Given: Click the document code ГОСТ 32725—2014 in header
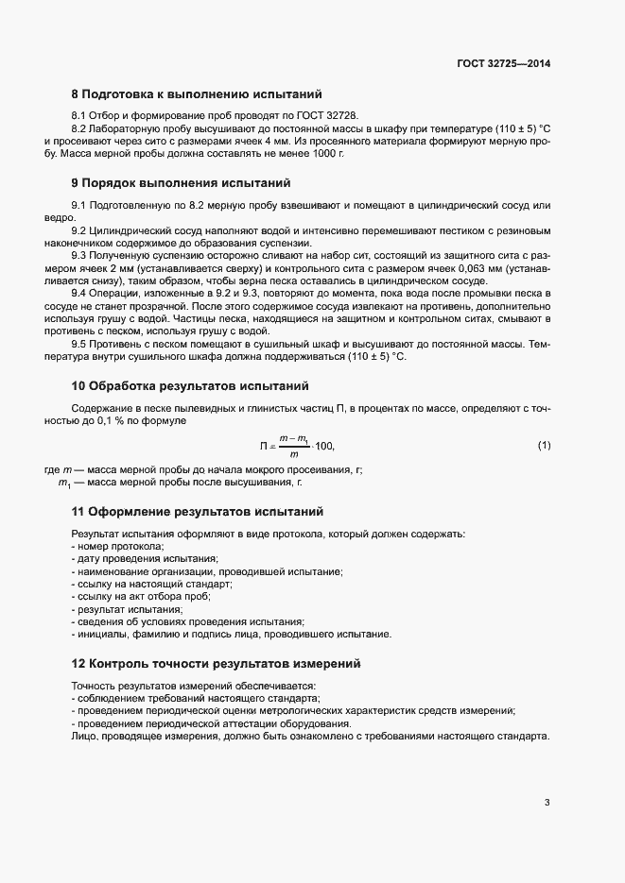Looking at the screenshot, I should pos(503,64).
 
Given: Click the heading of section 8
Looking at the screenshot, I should pos(198,94).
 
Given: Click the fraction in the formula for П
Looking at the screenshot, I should pos(295,445).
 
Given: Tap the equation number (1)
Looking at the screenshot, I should pos(544,445).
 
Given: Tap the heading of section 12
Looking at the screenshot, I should pos(216,664).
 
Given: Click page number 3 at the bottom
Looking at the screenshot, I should pos(547,803).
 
